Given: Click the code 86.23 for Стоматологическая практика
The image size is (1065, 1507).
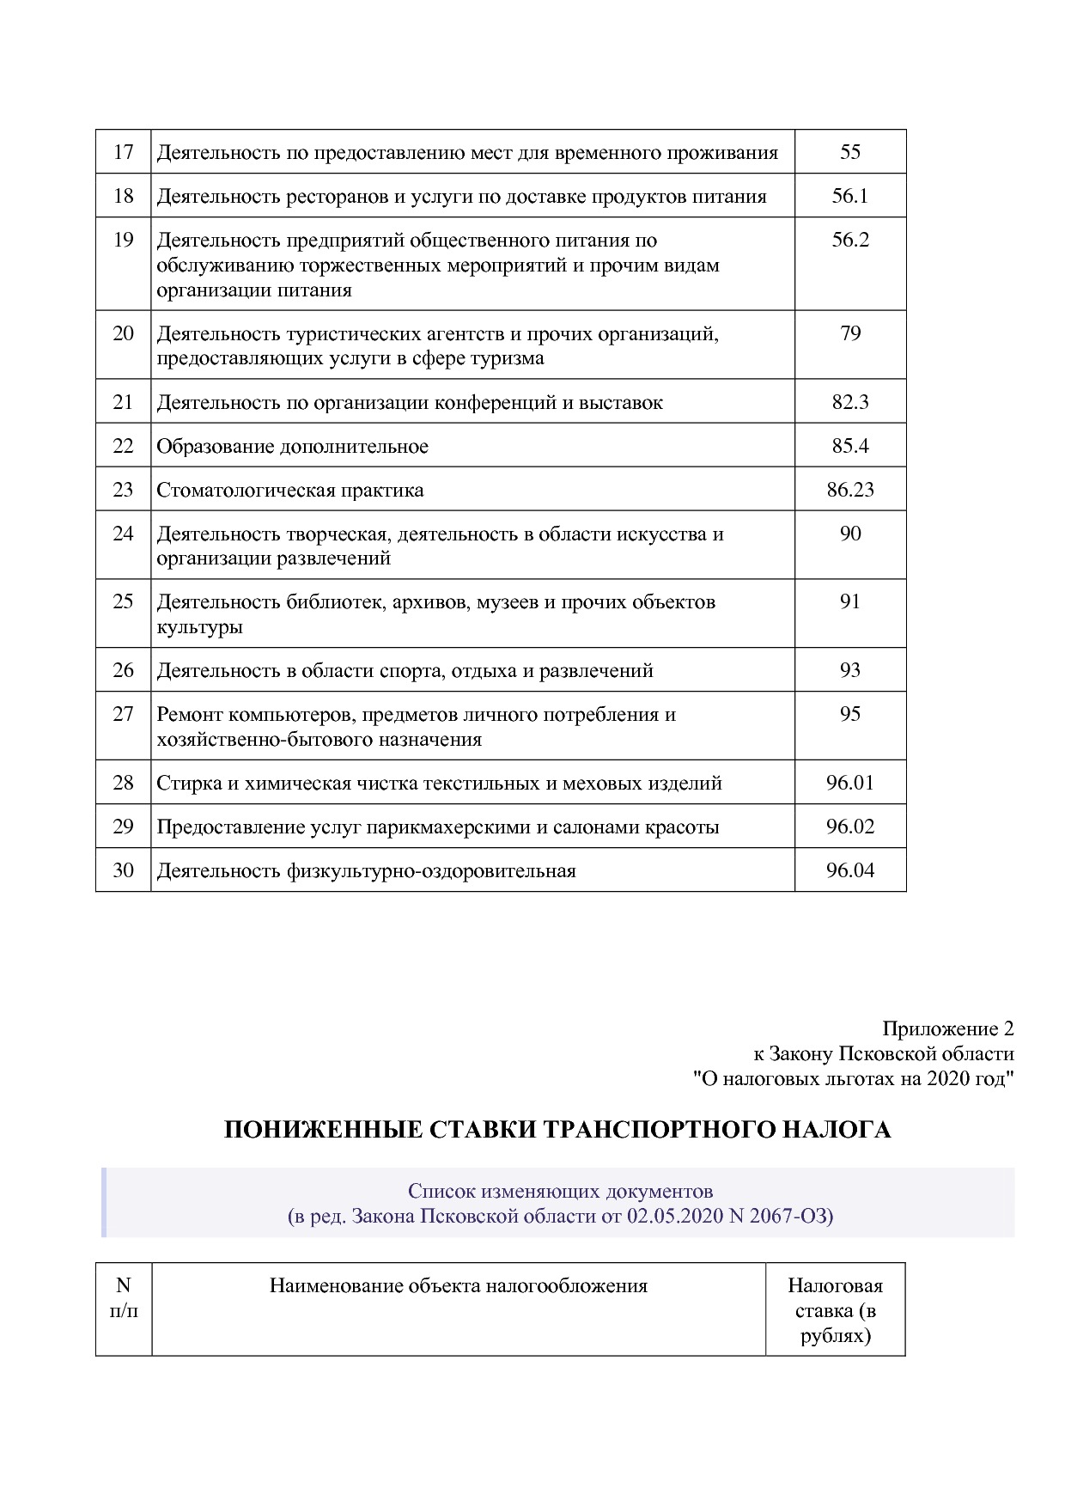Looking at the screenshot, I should point(849,490).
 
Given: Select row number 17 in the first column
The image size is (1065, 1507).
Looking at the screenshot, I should point(123,152).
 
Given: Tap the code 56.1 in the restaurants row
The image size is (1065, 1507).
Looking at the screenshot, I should point(849,196).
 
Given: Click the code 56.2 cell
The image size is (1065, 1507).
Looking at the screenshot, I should point(849,240).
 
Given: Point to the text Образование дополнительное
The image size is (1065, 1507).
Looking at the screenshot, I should point(292,446).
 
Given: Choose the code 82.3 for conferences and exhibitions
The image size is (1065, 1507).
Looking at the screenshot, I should point(849,402).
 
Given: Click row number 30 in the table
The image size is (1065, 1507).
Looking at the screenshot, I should point(123,870).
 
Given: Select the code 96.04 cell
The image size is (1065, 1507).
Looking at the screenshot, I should point(849,870).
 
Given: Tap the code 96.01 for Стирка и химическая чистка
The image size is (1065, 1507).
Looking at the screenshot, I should point(849,783).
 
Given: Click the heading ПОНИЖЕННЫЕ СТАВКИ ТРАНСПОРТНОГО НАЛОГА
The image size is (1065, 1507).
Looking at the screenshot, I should point(557,1130).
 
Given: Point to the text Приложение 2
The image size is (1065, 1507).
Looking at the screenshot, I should point(947,1028).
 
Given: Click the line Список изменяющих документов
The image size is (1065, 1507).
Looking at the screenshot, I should point(560,1191).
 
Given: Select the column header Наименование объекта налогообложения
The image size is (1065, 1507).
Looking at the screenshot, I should point(458,1285).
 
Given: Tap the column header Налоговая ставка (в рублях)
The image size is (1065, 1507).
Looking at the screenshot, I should point(835,1310).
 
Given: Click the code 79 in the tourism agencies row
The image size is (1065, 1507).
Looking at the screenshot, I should point(849,333).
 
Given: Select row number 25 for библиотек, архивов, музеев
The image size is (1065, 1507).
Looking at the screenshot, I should point(123,601).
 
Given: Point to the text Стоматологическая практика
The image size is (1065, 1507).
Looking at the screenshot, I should point(289,490).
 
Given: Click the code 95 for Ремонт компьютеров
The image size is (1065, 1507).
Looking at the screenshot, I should point(849,714).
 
